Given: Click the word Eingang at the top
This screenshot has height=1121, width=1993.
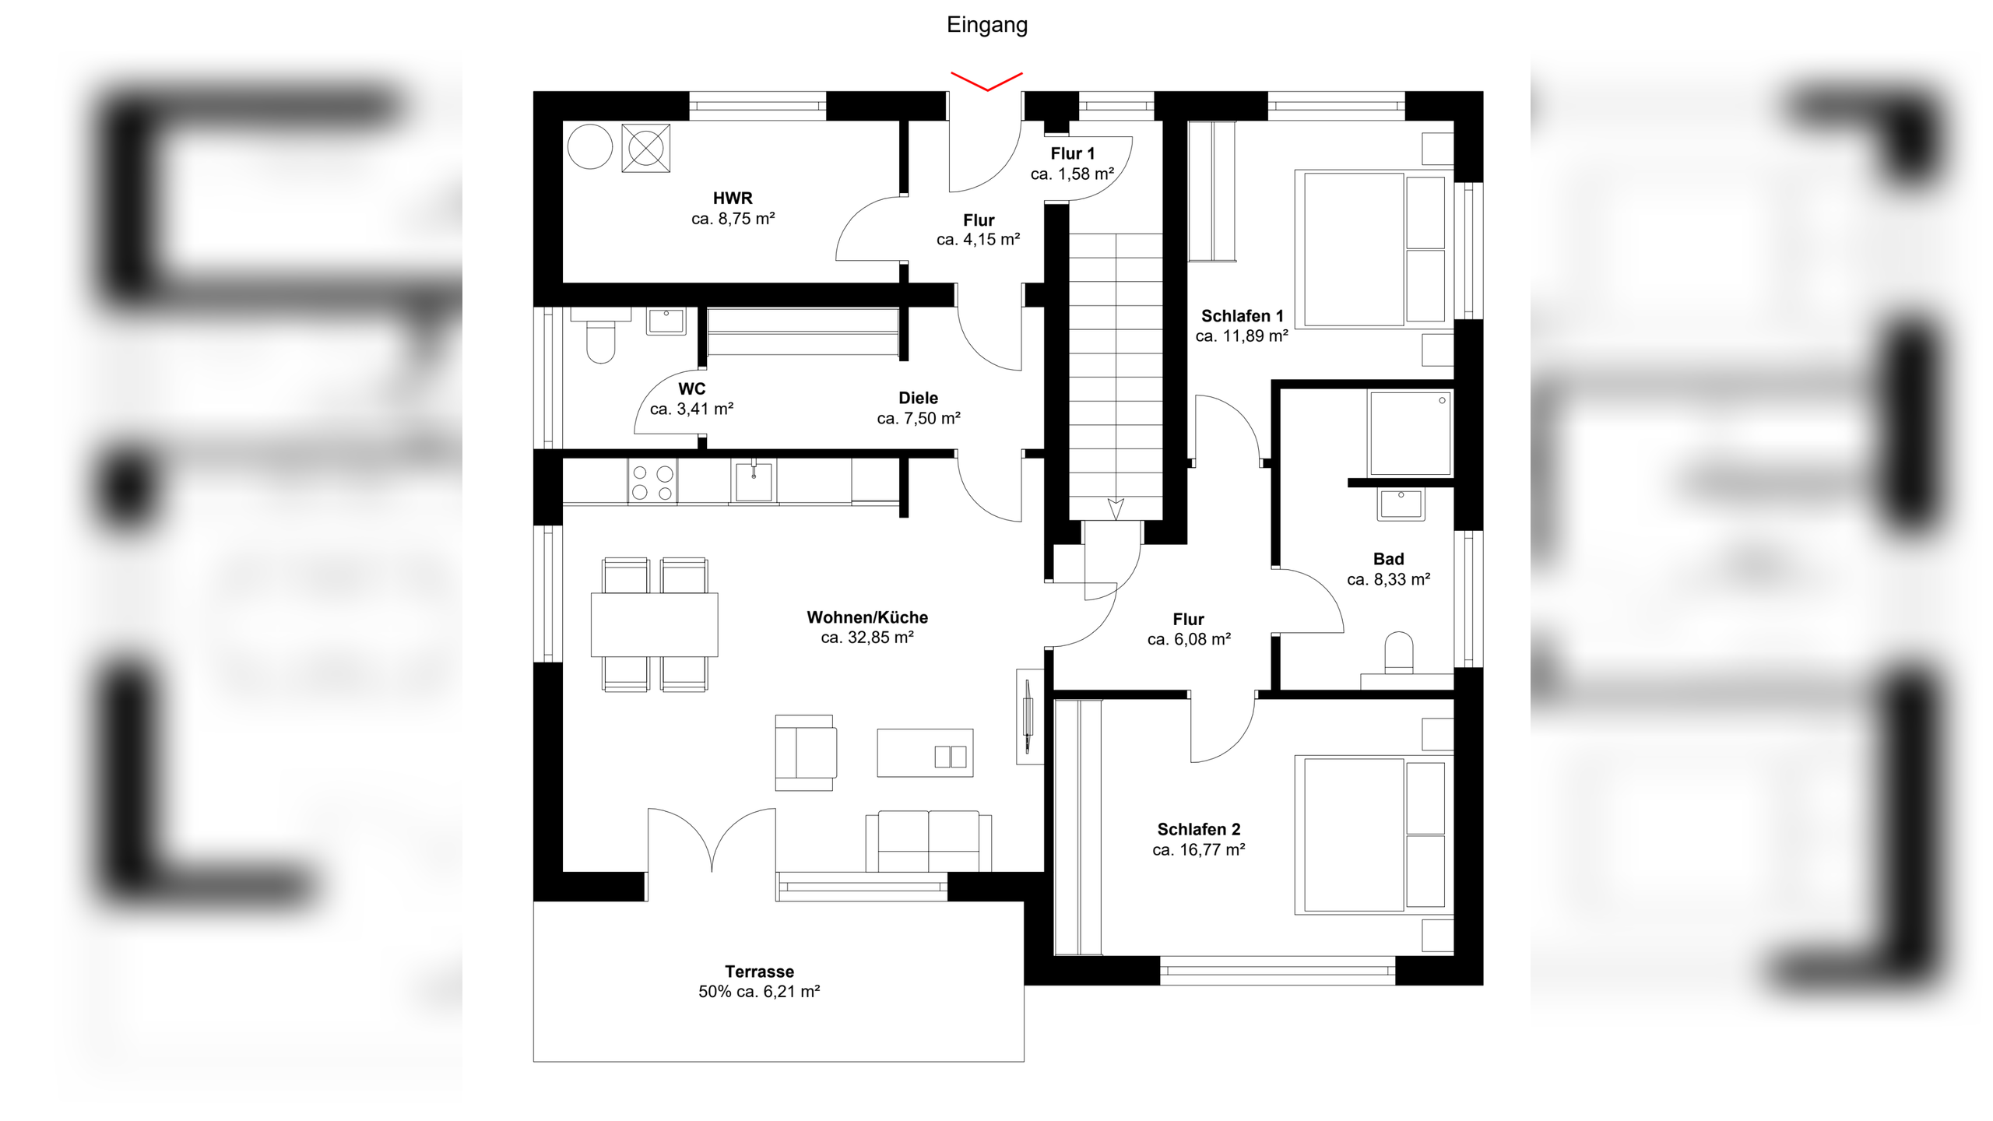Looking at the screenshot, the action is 987,26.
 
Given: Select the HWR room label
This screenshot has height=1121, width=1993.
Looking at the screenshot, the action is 733,199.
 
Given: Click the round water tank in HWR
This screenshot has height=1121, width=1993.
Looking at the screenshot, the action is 590,146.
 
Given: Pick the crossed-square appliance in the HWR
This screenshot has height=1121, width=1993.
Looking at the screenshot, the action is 646,147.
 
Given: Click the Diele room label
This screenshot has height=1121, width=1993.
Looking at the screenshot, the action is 919,399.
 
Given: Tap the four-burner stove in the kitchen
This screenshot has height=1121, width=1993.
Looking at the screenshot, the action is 652,483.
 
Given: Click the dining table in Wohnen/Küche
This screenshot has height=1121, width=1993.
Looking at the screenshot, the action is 654,625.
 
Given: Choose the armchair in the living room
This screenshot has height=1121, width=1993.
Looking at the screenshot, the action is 806,753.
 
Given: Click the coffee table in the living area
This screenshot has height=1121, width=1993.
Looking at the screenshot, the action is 925,753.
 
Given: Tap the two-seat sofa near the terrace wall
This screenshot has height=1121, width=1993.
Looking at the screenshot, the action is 929,842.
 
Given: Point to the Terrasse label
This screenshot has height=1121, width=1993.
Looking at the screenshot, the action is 760,972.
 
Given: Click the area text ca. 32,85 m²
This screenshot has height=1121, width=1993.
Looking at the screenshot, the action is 867,638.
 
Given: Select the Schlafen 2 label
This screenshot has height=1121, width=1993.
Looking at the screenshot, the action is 1199,830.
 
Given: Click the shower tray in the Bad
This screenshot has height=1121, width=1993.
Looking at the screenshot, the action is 1410,434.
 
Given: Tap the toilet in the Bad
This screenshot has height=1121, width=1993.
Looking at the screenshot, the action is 1400,652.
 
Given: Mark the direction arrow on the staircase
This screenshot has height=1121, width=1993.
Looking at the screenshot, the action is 1116,508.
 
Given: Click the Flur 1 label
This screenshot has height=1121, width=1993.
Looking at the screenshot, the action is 1073,154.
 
